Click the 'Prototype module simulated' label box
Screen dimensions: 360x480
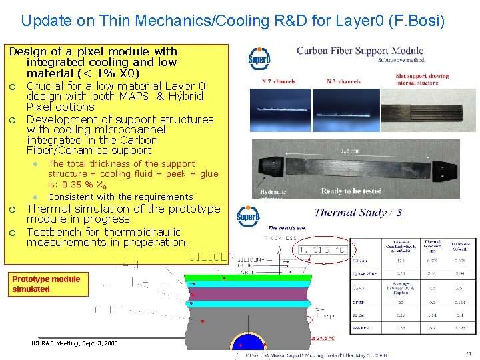pyautogui.click(x=46, y=284)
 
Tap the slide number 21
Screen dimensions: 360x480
pyautogui.click(x=468, y=353)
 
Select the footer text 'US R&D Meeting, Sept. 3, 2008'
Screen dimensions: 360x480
pyautogui.click(x=74, y=343)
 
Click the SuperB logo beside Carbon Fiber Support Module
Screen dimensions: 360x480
pyautogui.click(x=259, y=59)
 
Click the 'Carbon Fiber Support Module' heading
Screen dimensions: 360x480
pyautogui.click(x=360, y=51)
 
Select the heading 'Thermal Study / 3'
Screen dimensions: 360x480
pyautogui.click(x=358, y=213)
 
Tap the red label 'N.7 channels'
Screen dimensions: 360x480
pyautogui.click(x=274, y=82)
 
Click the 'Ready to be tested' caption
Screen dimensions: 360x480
pyautogui.click(x=351, y=191)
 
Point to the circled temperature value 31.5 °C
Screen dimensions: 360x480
pyautogui.click(x=323, y=250)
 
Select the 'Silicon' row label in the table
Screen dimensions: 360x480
pyautogui.click(x=360, y=261)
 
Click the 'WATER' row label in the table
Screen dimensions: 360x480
pyautogui.click(x=361, y=328)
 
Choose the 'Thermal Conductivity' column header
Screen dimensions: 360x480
pyautogui.click(x=401, y=247)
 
